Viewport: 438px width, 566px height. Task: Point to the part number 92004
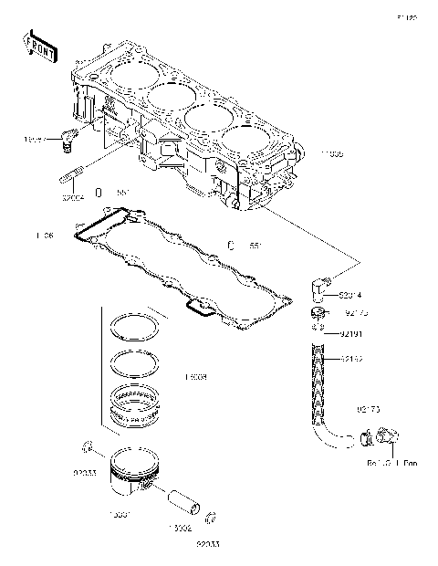(73, 195)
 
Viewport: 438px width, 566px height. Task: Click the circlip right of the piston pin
(209, 519)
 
